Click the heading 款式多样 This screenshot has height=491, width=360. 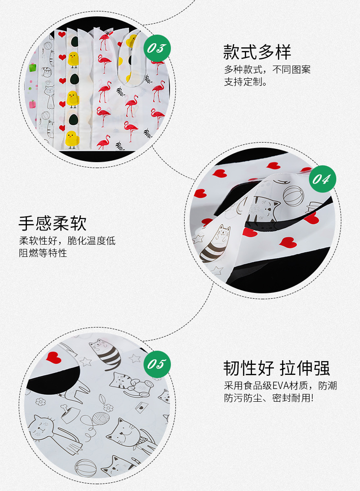point(257,52)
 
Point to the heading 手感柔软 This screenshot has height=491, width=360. point(52,223)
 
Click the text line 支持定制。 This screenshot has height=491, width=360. point(246,82)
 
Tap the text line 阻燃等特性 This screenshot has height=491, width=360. point(43,253)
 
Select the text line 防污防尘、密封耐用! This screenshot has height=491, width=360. point(268,398)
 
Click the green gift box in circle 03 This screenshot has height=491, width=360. point(32,67)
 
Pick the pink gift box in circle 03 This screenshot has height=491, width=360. point(32,104)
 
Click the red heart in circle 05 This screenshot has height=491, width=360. point(53,357)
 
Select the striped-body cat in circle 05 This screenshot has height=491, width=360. point(106,353)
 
